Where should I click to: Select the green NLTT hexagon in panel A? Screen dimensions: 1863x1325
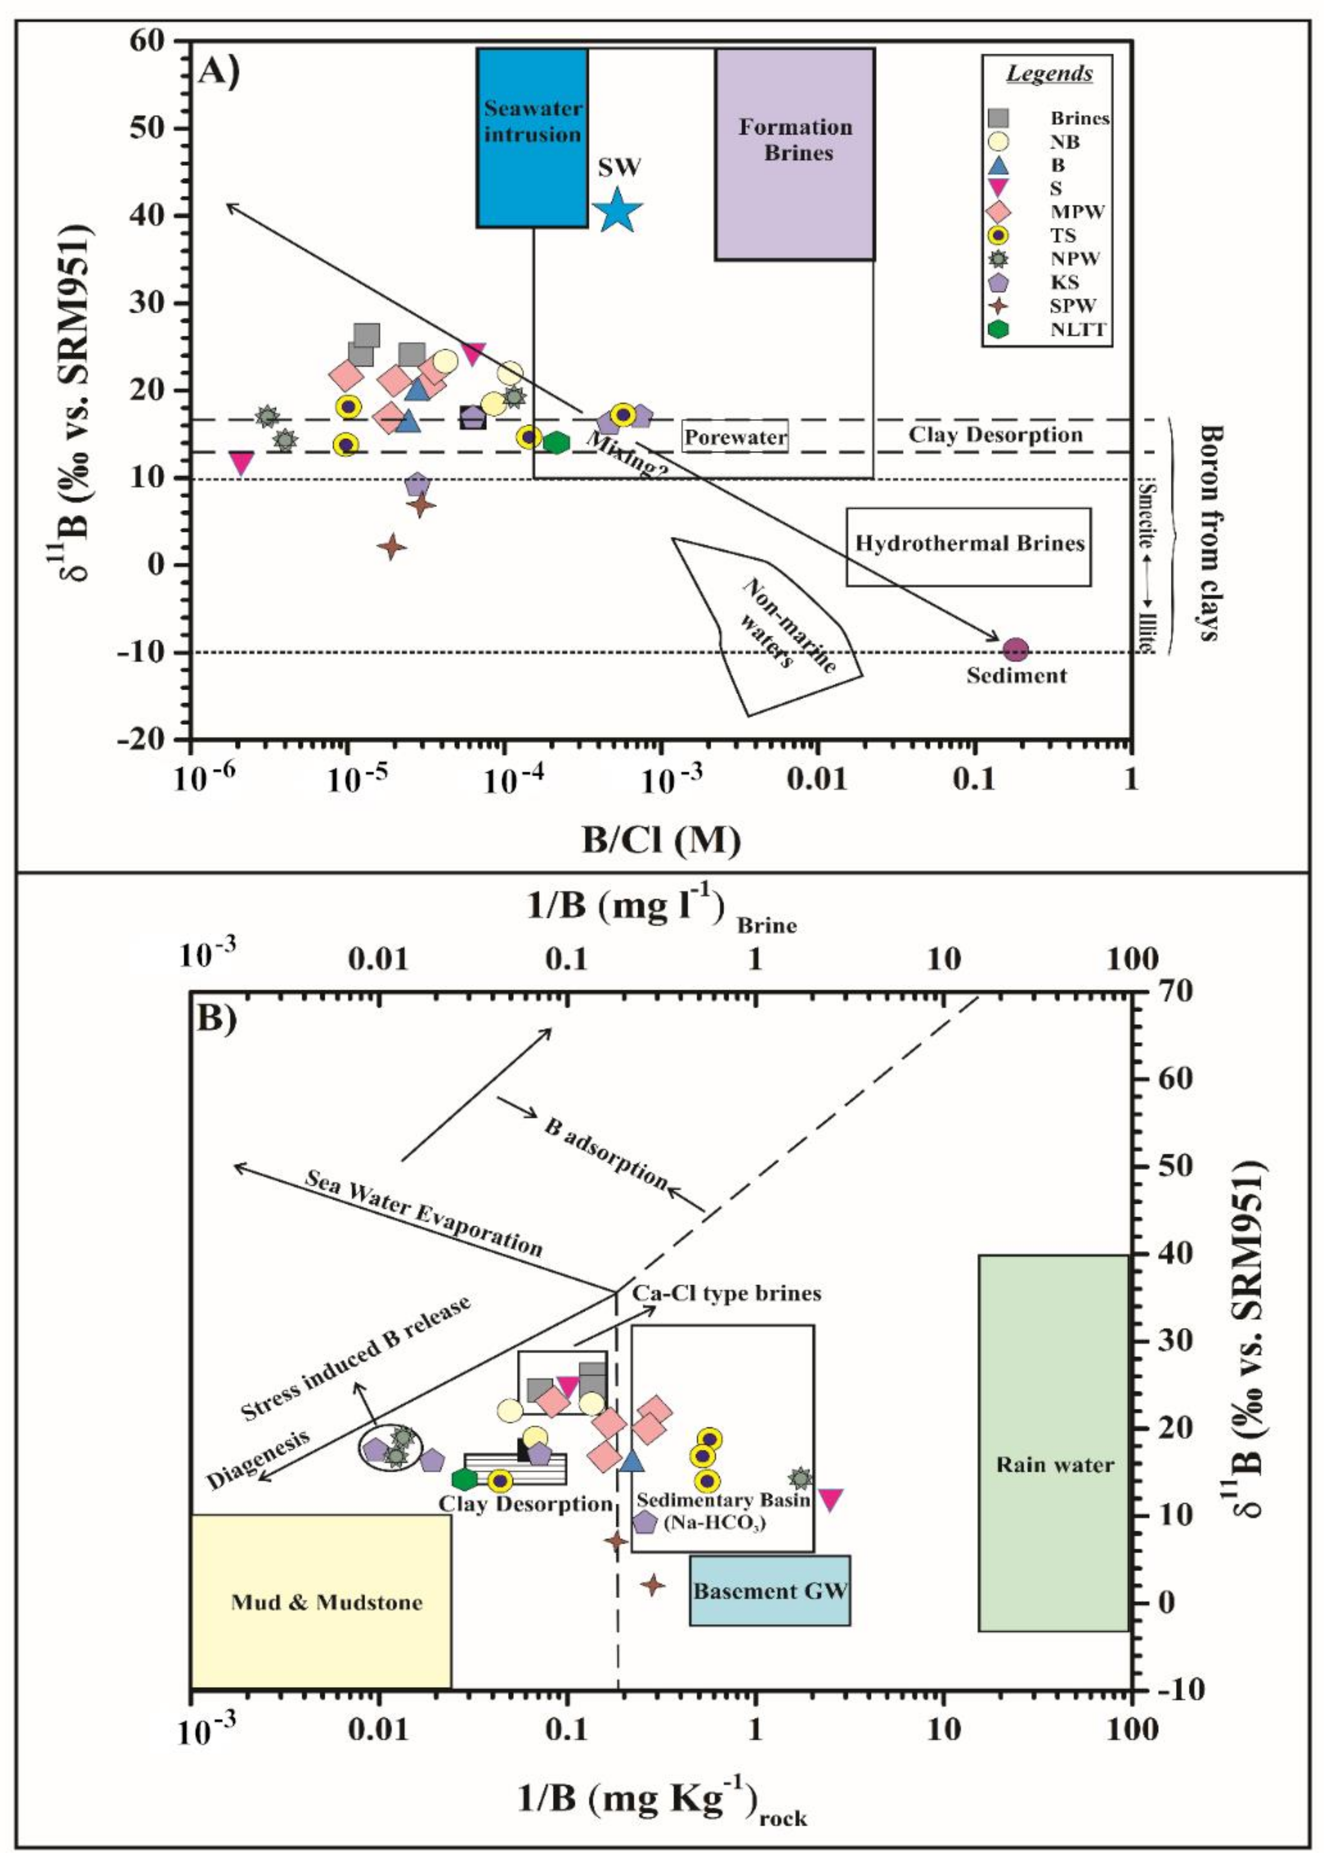557,443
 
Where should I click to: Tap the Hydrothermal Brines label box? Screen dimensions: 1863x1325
969,544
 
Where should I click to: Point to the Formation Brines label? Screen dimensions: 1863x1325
795,140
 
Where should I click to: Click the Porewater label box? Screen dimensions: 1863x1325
735,437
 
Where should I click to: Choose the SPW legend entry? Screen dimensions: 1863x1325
1073,306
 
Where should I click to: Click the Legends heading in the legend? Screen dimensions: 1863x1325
1049,74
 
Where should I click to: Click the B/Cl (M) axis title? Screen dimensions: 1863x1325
661,840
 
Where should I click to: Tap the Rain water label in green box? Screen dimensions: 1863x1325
1054,1465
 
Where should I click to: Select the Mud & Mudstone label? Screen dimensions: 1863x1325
327,1602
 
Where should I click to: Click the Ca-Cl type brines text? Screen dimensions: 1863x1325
726,1293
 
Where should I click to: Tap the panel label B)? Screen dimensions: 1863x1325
216,1018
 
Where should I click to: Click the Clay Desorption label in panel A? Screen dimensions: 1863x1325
995,435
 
